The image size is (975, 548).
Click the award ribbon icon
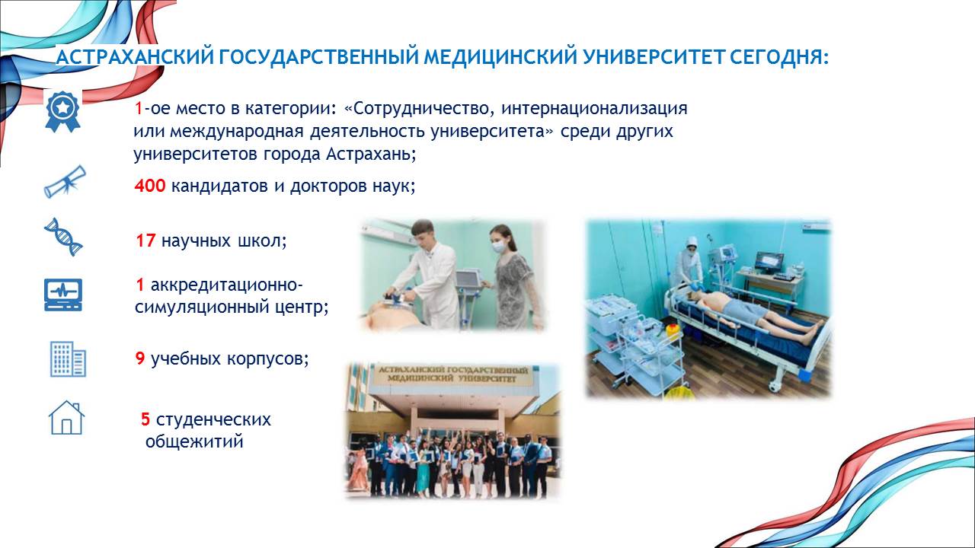[63, 111]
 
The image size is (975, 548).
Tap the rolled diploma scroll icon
[66, 182]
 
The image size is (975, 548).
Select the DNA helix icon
[63, 237]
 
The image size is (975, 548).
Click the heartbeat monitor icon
[63, 295]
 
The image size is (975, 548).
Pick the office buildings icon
[68, 358]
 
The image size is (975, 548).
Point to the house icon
[66, 418]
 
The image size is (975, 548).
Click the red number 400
[150, 186]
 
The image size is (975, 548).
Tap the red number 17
[145, 241]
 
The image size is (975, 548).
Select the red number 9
[139, 358]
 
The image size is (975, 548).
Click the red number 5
[145, 419]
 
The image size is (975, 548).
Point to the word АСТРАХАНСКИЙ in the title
[135, 57]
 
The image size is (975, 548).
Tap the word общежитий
[194, 442]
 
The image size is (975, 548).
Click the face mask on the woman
[499, 247]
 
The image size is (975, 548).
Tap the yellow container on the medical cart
[672, 332]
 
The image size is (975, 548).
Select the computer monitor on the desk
[769, 262]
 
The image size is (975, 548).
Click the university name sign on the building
[452, 374]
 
